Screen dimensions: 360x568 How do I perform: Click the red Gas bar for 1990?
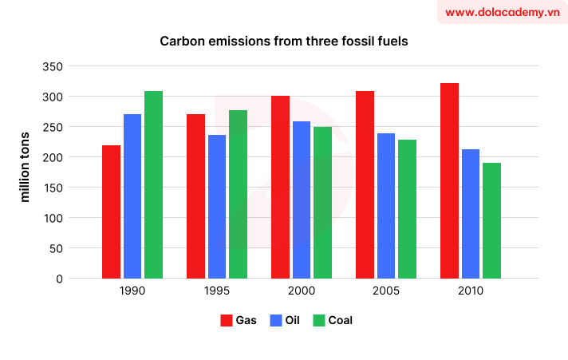pos(112,212)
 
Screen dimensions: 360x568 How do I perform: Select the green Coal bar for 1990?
pos(153,184)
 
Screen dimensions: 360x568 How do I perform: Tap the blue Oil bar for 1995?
pos(217,207)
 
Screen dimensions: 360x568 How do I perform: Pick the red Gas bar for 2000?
pos(280,187)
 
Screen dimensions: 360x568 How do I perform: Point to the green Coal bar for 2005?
pos(407,209)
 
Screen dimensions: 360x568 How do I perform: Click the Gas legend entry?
pos(239,320)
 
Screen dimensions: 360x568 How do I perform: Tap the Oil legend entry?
pos(286,320)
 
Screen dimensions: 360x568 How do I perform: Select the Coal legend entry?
pos(333,320)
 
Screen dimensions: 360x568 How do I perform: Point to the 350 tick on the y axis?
pos(53,67)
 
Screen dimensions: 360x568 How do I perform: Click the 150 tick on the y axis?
pos(53,188)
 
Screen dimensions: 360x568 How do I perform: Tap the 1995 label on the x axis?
pos(217,292)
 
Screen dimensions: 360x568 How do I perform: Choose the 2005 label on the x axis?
pos(386,292)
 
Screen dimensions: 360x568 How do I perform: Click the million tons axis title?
pos(25,166)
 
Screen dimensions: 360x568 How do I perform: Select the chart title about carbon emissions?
pos(283,41)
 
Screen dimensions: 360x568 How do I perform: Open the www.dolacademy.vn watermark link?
pos(501,12)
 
